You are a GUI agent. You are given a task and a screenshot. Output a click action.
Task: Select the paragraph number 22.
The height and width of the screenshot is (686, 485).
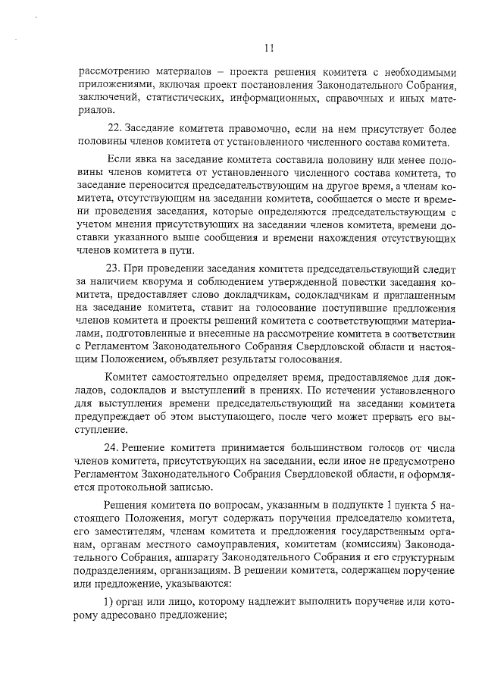[116, 128]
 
